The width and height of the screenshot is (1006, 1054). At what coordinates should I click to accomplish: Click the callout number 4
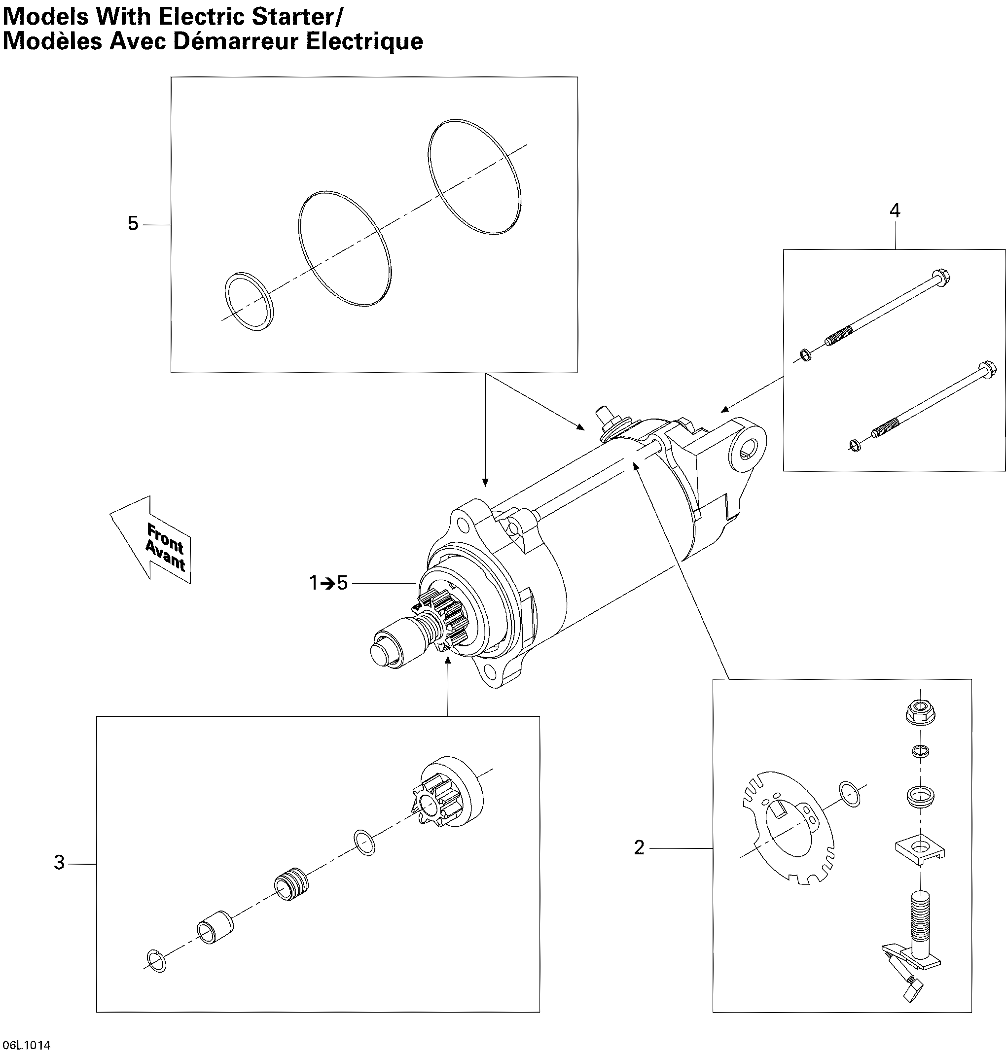pos(895,211)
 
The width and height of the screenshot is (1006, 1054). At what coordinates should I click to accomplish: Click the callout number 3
pos(59,863)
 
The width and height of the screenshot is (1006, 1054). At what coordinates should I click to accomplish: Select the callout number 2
pos(639,847)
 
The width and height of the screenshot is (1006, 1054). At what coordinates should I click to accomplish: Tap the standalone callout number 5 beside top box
pos(133,223)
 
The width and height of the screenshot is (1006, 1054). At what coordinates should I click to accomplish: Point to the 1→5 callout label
pos(328,583)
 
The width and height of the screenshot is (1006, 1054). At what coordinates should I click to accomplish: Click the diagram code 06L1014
pos(26,1045)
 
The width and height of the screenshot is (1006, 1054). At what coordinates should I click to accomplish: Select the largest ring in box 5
pos(474,176)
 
